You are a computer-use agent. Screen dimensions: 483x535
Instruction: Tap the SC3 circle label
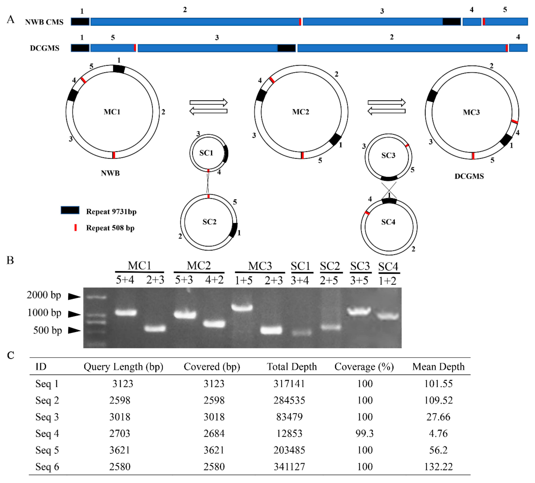(x=388, y=155)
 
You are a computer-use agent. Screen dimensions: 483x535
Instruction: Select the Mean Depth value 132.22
(x=438, y=466)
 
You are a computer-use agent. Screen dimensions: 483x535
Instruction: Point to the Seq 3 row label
(x=47, y=417)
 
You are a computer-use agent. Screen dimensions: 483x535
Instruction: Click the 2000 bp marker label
(x=44, y=295)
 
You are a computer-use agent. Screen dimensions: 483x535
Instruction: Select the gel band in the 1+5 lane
(x=242, y=307)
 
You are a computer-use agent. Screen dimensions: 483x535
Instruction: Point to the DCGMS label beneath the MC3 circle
(x=469, y=176)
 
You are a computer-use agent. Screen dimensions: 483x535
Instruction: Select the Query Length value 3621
(x=120, y=450)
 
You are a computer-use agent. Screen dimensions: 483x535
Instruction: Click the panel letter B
(x=10, y=261)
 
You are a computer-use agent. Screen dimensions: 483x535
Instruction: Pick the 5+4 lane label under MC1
(x=125, y=280)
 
